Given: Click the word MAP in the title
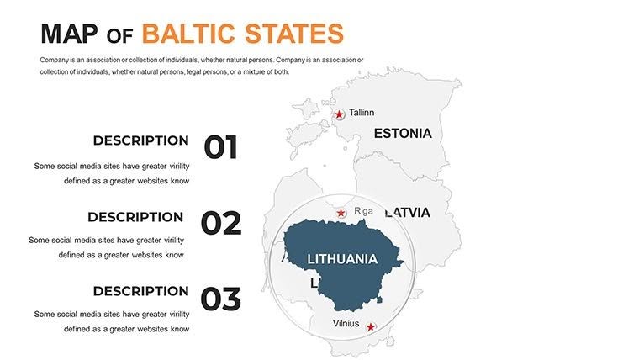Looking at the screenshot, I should [x=70, y=34].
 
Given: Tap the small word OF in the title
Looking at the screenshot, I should [x=121, y=35].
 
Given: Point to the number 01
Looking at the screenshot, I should [x=221, y=147].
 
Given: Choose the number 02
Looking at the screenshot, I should [x=221, y=223].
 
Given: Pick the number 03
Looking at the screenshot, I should [x=221, y=299].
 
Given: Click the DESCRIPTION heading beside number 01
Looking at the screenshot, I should [x=140, y=140].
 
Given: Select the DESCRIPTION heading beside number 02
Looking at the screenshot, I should [x=135, y=216].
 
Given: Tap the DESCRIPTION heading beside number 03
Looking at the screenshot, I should [x=140, y=291].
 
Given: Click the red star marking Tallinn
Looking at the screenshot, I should [x=339, y=114].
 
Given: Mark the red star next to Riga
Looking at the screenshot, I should [x=341, y=213].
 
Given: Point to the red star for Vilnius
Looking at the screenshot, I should [x=371, y=326].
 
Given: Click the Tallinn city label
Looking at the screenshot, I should [x=362, y=113].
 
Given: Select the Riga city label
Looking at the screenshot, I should [x=363, y=211].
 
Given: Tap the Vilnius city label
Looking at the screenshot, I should [x=346, y=323].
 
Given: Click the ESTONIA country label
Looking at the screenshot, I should [x=403, y=133].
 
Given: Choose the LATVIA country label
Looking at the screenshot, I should [x=409, y=213].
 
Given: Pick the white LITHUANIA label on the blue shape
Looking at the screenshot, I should [x=342, y=259].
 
